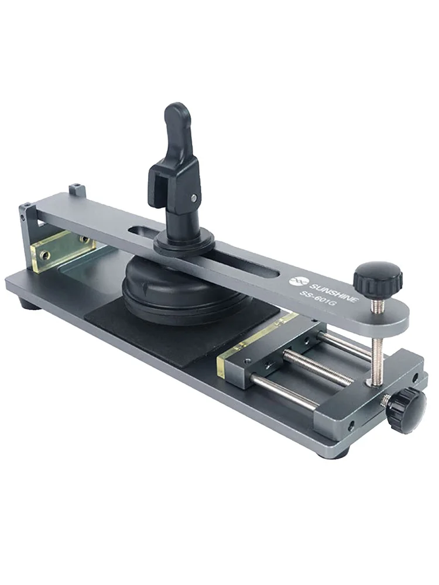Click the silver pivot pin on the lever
coord(193,198)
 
